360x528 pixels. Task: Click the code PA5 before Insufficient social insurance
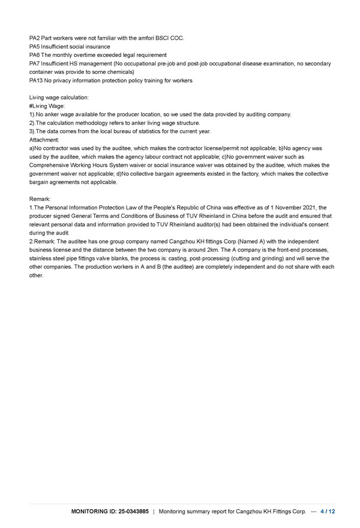(x=35, y=46)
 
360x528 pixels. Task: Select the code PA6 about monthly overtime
(x=35, y=55)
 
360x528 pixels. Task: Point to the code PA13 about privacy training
(x=36, y=80)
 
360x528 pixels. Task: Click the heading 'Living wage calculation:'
(x=59, y=97)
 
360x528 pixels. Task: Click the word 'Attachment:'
(x=44, y=139)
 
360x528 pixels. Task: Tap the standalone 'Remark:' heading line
(x=40, y=199)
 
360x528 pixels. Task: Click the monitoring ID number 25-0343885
(x=131, y=511)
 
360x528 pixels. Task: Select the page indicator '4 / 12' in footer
(x=328, y=511)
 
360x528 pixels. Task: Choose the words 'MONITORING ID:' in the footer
(x=92, y=511)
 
